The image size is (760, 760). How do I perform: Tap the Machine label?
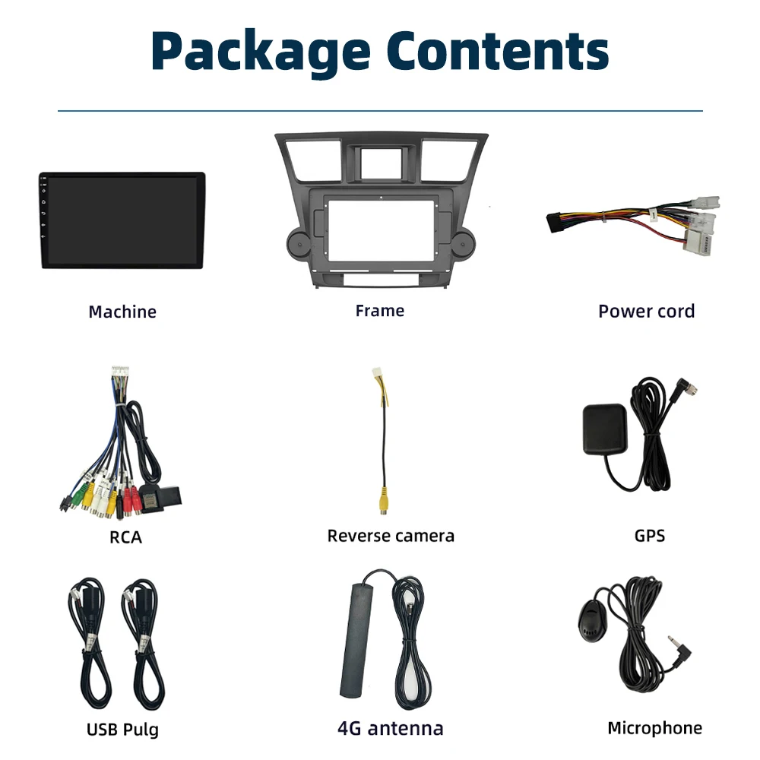[122, 312]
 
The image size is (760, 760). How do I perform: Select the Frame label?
[379, 310]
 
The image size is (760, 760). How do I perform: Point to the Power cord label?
[646, 311]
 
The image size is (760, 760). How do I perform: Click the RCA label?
[125, 537]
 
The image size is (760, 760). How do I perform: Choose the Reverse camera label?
[391, 536]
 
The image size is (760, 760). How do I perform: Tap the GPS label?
[649, 536]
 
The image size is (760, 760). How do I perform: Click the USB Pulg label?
[122, 730]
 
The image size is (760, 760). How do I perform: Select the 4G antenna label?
[390, 728]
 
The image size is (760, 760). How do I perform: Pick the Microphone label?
[654, 728]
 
